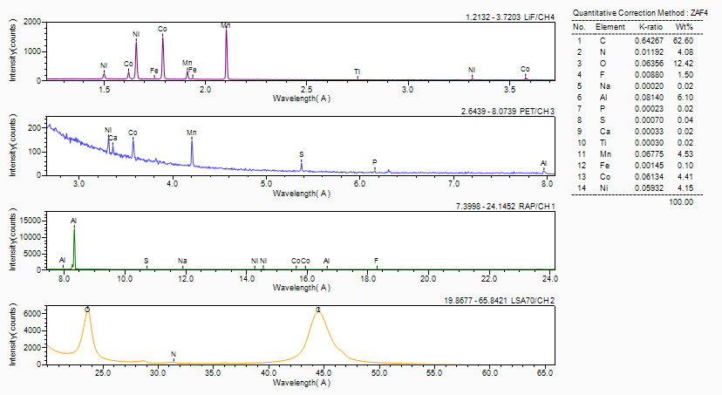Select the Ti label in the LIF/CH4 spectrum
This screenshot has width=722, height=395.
(357, 71)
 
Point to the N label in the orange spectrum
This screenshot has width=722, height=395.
(174, 355)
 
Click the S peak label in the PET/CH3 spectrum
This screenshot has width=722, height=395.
(302, 153)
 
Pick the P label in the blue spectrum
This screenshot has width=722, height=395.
(375, 161)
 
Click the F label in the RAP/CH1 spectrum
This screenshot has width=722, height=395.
(376, 261)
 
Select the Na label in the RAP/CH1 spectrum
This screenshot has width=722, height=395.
(182, 261)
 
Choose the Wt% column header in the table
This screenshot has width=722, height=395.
(683, 27)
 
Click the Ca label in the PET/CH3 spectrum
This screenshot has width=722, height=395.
(112, 138)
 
